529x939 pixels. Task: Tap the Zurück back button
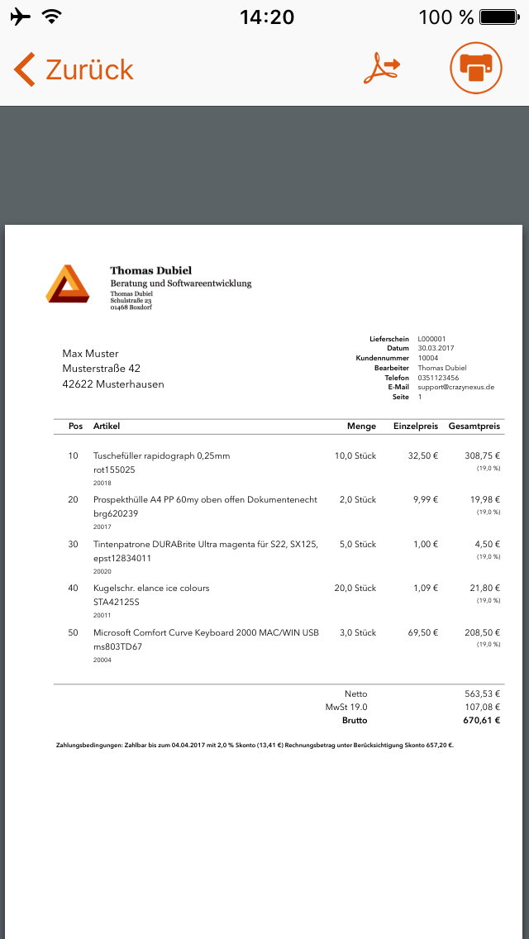[73, 69]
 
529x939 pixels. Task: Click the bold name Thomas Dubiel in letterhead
[151, 270]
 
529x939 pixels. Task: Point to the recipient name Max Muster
[91, 354]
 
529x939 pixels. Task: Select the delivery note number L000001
[431, 339]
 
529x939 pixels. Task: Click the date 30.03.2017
[436, 348]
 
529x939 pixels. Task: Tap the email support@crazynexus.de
[455, 387]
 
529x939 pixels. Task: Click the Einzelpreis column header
[414, 427]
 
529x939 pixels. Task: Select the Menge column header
[361, 427]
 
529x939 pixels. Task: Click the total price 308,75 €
[483, 455]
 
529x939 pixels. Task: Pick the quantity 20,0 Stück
[355, 588]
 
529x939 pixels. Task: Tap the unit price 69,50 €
[422, 632]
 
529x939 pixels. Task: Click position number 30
[73, 544]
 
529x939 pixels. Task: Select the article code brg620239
[116, 513]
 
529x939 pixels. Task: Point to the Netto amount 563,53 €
[483, 694]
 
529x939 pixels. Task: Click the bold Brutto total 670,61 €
[483, 721]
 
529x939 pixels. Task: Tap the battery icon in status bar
[498, 17]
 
